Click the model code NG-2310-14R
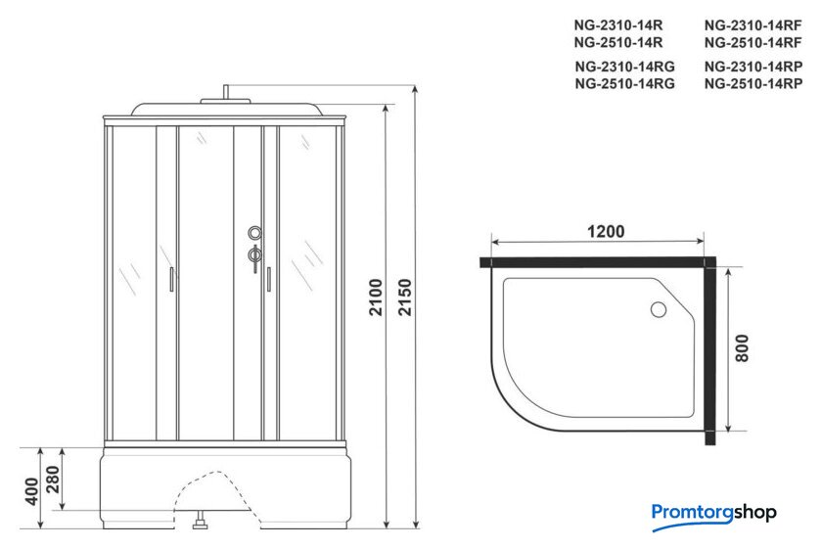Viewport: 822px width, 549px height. point(618,25)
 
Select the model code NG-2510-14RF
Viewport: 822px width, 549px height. point(753,42)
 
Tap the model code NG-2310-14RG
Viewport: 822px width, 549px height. point(625,67)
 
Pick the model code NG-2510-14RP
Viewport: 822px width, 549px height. point(753,83)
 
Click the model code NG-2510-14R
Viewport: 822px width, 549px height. point(618,42)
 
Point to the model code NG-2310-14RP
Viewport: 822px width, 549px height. point(753,67)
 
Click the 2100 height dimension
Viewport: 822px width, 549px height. point(377,297)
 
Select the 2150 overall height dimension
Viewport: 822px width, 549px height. point(405,297)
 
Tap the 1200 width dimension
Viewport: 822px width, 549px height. point(606,231)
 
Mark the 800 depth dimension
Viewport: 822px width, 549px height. point(742,348)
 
